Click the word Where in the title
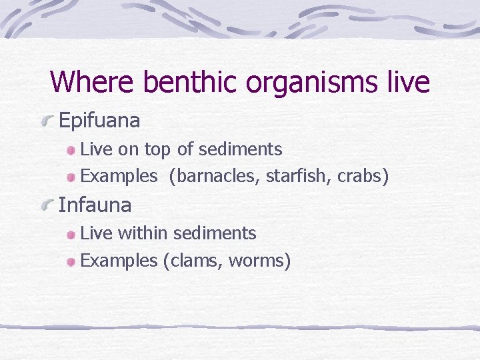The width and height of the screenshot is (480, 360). point(93,82)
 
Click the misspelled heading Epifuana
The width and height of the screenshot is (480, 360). point(99,121)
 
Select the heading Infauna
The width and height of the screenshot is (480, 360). point(95,205)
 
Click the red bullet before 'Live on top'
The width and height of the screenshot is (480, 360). point(71,151)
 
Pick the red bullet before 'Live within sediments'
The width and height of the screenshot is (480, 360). point(71,235)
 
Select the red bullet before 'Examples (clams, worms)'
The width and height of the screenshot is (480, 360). point(71,262)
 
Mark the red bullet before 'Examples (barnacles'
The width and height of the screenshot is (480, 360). point(71,178)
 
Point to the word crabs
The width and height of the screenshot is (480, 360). point(360,177)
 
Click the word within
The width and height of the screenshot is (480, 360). point(143,233)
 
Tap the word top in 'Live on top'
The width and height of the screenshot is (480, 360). point(157,150)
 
